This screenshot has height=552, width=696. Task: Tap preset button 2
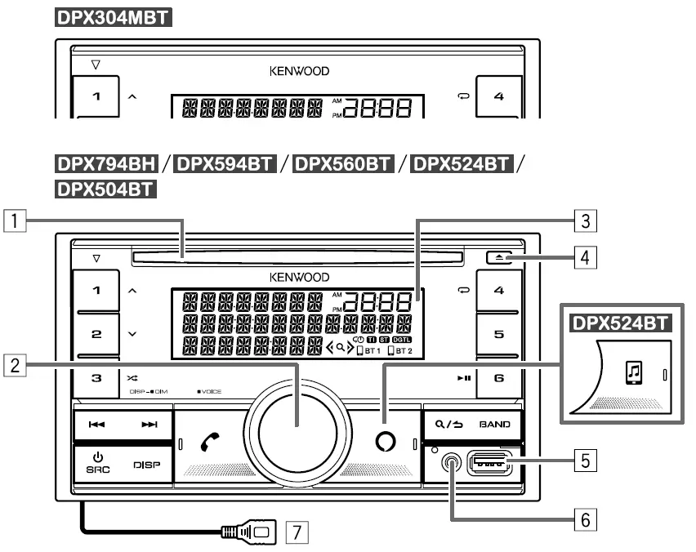point(97,334)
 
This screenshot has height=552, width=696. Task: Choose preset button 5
point(499,334)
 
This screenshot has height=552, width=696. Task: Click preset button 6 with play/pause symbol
point(499,378)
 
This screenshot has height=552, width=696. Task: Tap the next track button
point(149,425)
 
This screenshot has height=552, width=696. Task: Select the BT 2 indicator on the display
point(400,351)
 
